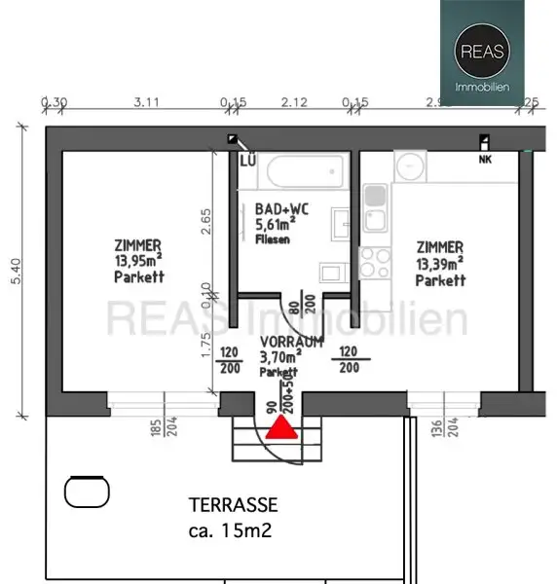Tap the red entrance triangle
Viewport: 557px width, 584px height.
point(280,427)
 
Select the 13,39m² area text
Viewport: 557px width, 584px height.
point(440,264)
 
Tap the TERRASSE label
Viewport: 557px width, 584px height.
point(233,505)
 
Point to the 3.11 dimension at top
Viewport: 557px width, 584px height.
point(146,101)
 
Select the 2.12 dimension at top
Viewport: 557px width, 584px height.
point(293,101)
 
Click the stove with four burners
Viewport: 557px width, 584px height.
point(375,262)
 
